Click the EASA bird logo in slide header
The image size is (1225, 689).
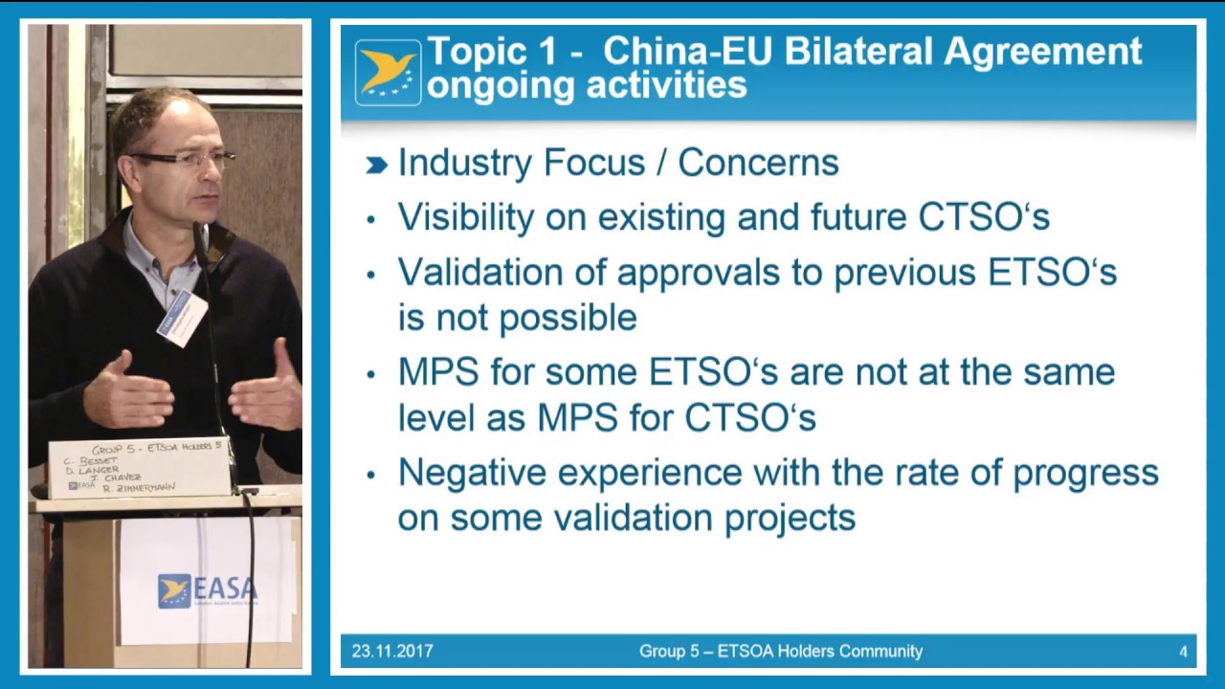click(388, 72)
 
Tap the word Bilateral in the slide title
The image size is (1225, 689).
click(859, 51)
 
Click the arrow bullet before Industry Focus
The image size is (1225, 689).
click(376, 166)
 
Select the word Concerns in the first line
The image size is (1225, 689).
click(758, 163)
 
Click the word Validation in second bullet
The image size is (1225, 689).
click(483, 273)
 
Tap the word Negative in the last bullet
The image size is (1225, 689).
click(474, 473)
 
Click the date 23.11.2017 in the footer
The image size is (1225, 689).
click(392, 652)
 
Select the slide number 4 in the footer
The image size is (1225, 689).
click(1183, 652)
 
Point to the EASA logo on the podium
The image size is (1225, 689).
click(207, 590)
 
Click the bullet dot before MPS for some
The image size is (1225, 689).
click(371, 374)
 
